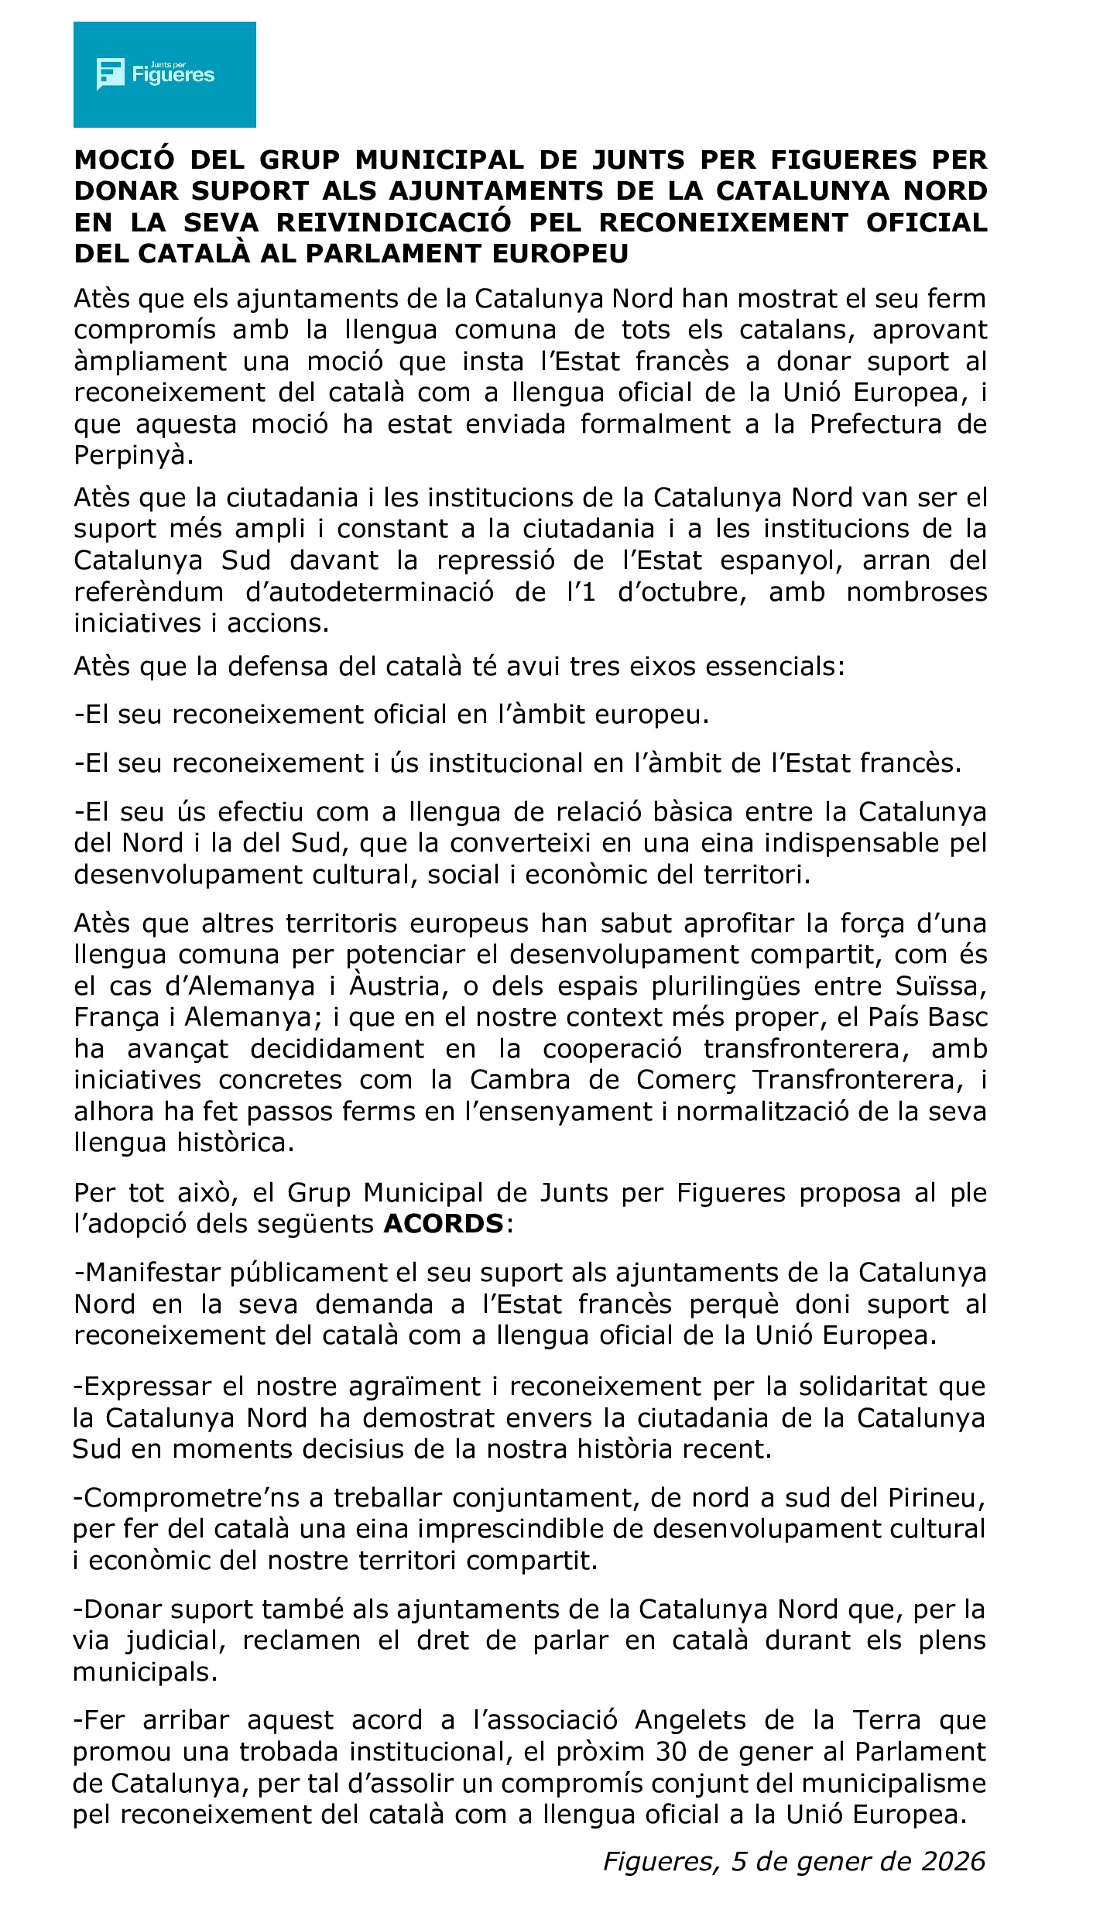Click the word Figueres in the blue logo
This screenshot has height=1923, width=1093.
(x=173, y=75)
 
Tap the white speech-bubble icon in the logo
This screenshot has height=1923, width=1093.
(x=110, y=74)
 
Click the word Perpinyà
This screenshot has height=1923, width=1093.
(x=131, y=455)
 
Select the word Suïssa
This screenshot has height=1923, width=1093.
(x=941, y=986)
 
